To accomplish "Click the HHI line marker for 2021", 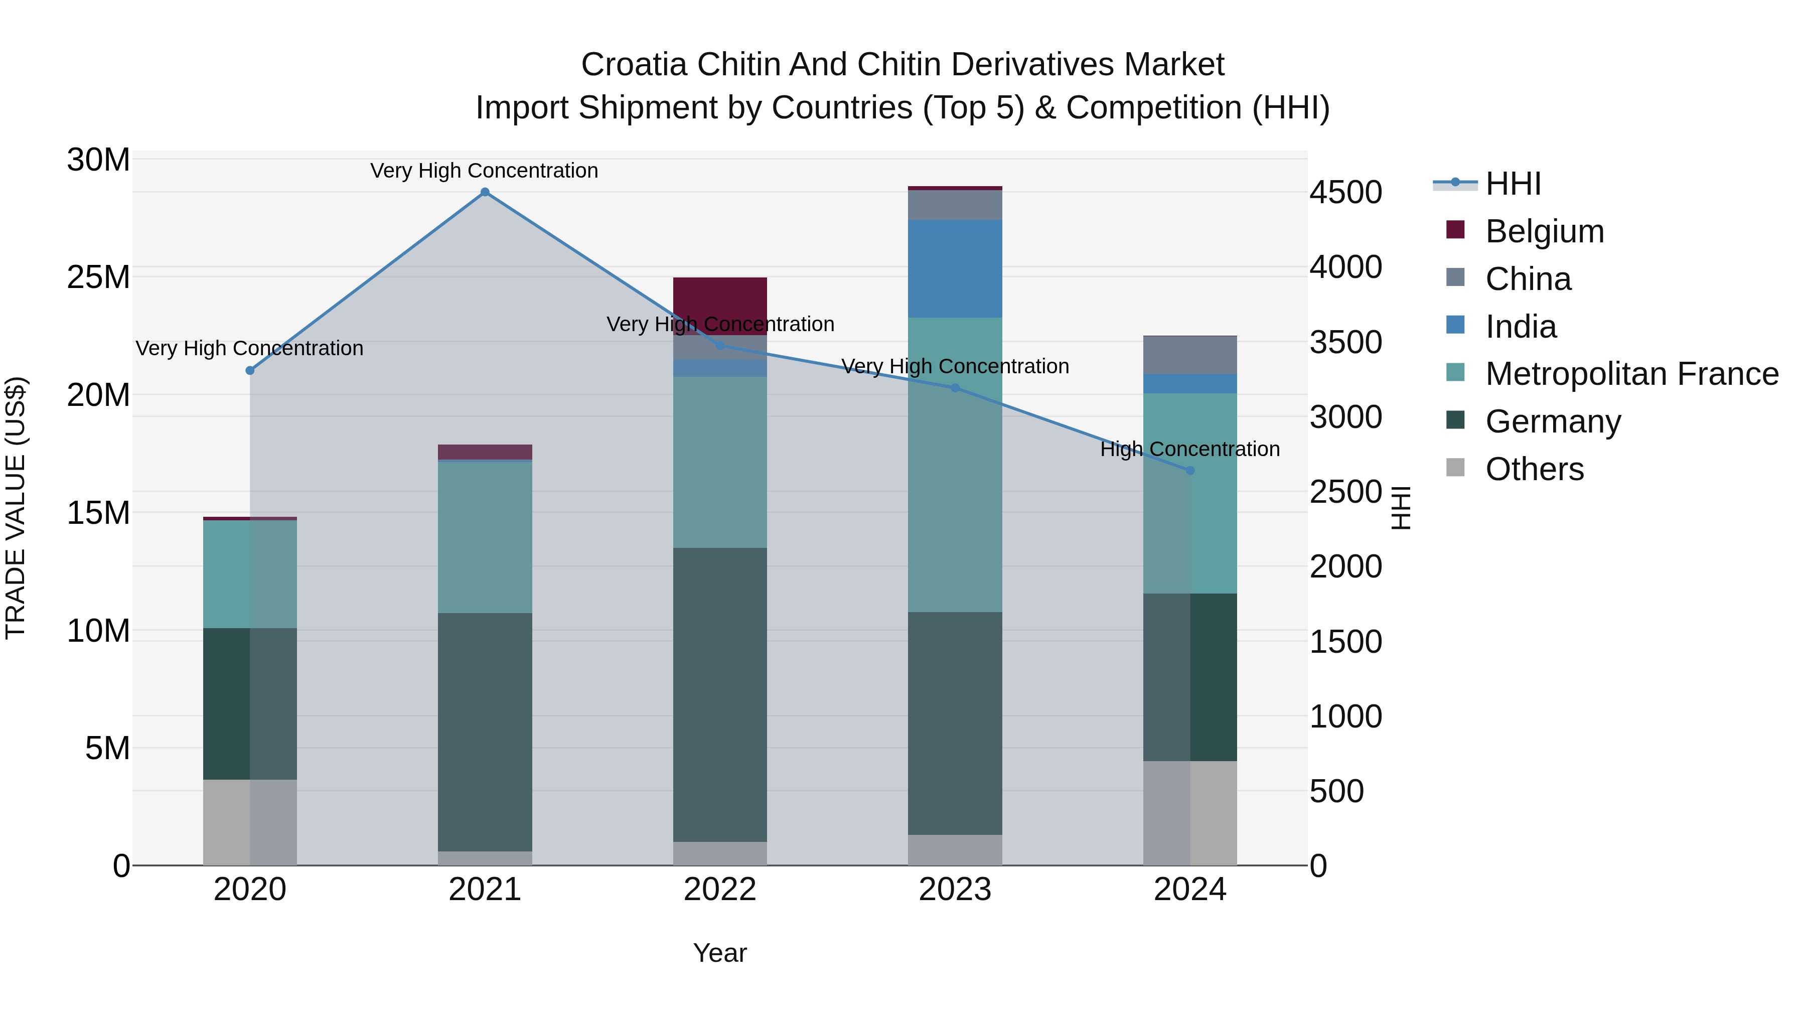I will [485, 192].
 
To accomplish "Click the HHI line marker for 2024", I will [1190, 471].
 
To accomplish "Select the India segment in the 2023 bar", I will [955, 268].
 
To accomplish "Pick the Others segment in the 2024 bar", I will [1190, 813].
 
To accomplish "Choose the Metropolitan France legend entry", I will [1631, 374].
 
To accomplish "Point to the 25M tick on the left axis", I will [98, 277].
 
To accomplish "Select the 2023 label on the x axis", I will [955, 890].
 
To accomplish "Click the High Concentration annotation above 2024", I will [1190, 449].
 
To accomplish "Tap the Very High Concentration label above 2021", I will [485, 171].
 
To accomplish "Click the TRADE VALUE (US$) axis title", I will [16, 508].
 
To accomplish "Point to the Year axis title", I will [720, 953].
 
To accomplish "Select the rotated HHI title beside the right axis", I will [1400, 508].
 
